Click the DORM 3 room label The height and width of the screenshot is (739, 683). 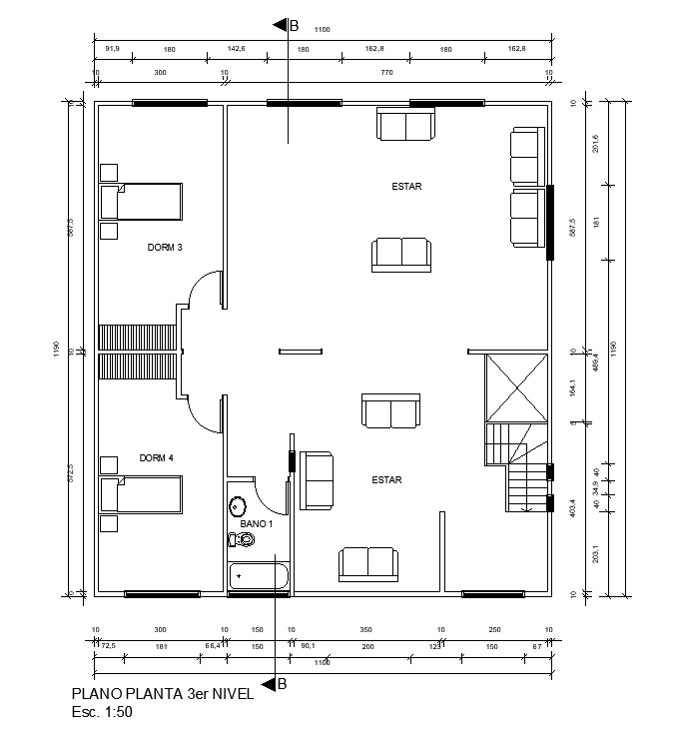(165, 248)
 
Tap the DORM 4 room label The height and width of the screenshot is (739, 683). (157, 458)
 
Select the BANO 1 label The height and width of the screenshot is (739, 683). (257, 522)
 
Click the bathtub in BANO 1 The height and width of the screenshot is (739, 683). (259, 577)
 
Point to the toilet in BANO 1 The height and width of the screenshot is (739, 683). (242, 540)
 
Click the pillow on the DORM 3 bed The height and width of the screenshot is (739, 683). (110, 201)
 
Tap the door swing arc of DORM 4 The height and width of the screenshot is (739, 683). (205, 415)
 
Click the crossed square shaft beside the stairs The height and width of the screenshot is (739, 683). (516, 387)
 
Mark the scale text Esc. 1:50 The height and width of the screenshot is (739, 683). (102, 713)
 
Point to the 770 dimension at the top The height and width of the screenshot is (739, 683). (386, 73)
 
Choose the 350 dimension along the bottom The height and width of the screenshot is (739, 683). (365, 630)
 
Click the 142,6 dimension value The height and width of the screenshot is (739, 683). (236, 48)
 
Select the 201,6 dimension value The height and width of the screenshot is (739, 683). (596, 144)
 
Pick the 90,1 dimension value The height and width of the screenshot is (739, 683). (309, 647)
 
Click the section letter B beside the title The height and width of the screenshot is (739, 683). (282, 684)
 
